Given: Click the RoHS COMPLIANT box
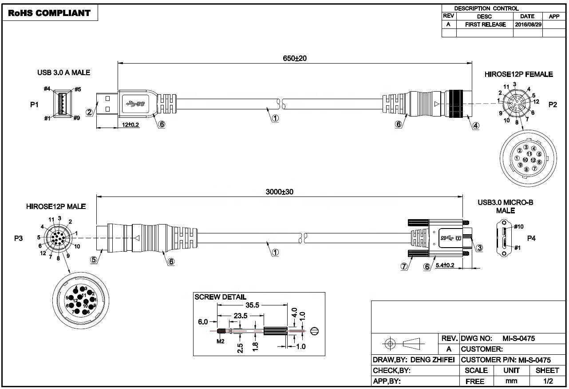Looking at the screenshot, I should pyautogui.click(x=49, y=13).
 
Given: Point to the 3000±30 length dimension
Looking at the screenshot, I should pyautogui.click(x=280, y=192).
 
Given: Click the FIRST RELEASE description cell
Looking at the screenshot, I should pyautogui.click(x=485, y=25).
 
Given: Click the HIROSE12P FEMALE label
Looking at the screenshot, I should pyautogui.click(x=518, y=74).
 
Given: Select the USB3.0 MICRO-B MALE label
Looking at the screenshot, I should pyautogui.click(x=506, y=206).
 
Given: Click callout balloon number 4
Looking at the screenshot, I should pyautogui.click(x=476, y=126).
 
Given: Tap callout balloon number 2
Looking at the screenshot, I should pyautogui.click(x=90, y=112).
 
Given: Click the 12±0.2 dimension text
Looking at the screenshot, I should pyautogui.click(x=130, y=125).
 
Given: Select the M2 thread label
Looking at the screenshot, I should pyautogui.click(x=221, y=341).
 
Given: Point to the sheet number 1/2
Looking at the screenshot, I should pyautogui.click(x=548, y=381).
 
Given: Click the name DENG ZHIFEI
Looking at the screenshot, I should pyautogui.click(x=433, y=360).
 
